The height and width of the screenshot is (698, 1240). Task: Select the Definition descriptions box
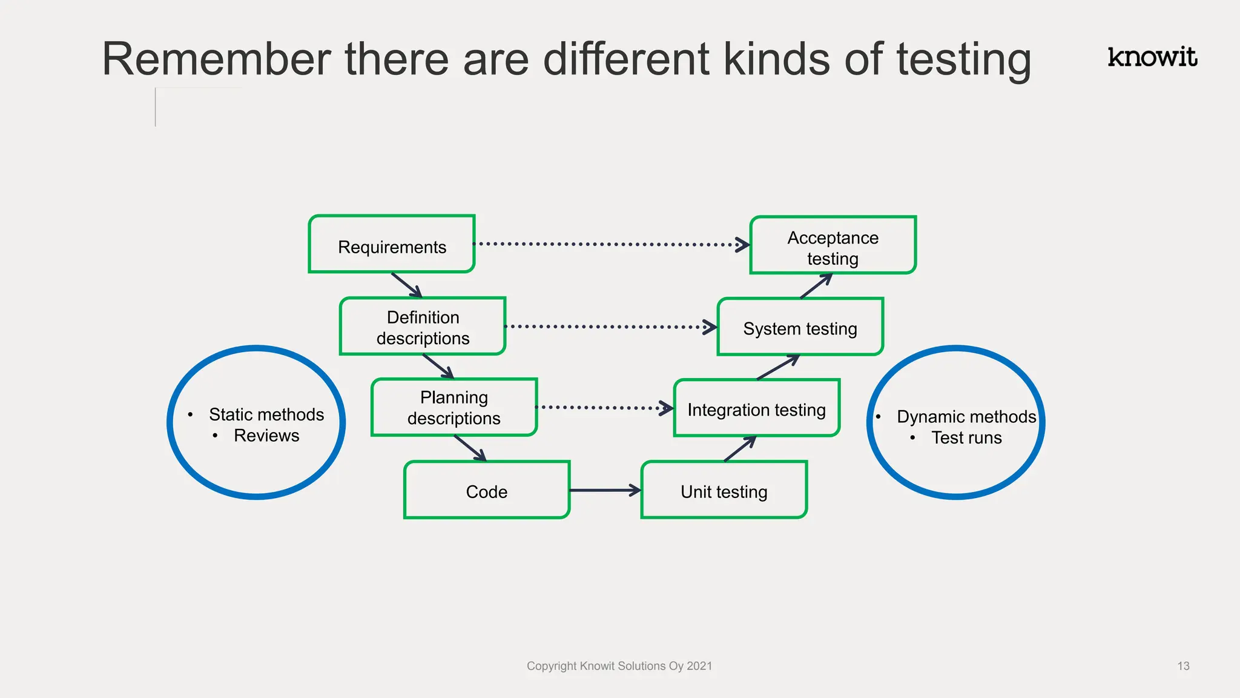(423, 327)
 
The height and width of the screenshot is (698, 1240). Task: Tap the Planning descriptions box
(454, 407)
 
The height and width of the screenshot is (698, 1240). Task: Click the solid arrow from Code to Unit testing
(605, 490)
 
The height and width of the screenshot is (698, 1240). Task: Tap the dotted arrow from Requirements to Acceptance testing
(612, 244)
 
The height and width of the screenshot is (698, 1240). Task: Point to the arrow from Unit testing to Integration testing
(740, 449)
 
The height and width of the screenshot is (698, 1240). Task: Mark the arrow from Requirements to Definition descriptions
(406, 285)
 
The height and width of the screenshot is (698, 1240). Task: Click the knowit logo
(1152, 57)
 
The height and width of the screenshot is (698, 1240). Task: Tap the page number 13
(1183, 666)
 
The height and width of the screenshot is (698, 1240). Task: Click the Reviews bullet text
(266, 436)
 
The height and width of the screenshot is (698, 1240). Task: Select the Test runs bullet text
(966, 437)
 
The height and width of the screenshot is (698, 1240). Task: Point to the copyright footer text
(619, 666)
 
